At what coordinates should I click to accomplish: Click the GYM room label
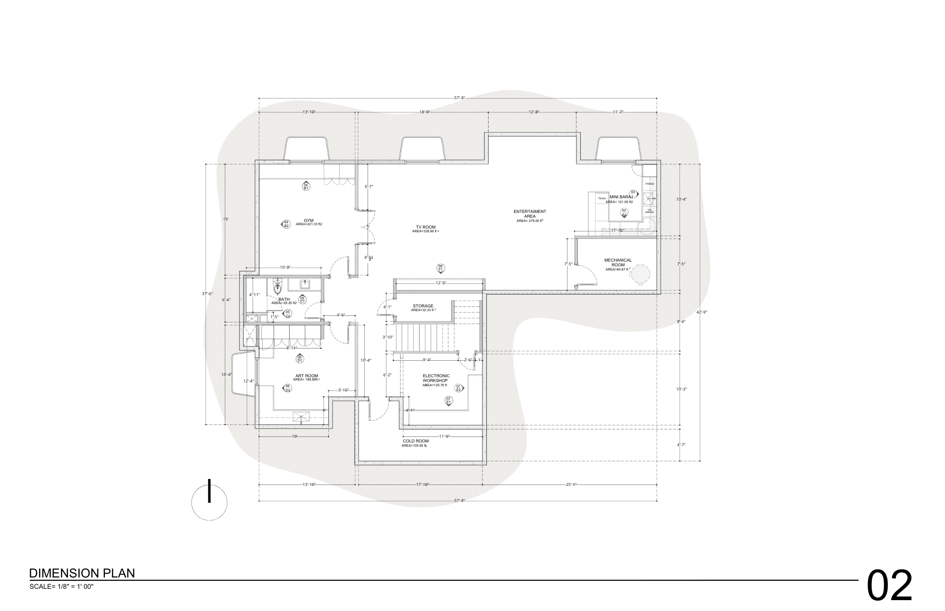coord(309,221)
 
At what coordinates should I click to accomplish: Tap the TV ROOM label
coord(425,227)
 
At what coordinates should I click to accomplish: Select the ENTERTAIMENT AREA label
coord(530,214)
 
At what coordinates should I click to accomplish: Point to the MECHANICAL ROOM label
coord(618,263)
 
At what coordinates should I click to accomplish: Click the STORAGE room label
coord(423,306)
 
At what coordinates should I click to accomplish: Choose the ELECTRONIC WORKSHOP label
coord(436,378)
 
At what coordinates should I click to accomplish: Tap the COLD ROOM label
coord(416,441)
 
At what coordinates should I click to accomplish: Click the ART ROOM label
coord(307,376)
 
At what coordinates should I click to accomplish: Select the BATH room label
coord(284,299)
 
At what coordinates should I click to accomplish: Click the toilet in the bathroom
coord(277,287)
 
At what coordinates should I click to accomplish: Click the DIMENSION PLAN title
coord(82,573)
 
